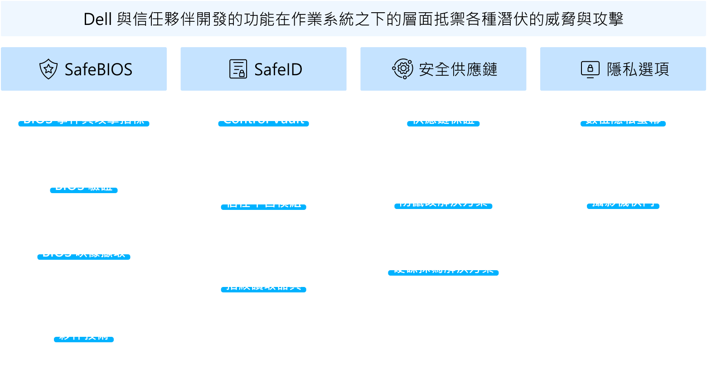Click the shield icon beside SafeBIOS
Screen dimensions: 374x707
[48, 69]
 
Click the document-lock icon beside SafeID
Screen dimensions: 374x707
[238, 69]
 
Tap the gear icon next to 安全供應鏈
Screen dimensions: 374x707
[402, 69]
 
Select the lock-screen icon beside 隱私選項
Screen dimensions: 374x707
[590, 69]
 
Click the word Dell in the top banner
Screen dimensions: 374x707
[97, 19]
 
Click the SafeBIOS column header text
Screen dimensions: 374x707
[98, 69]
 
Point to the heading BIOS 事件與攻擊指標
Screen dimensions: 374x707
[84, 119]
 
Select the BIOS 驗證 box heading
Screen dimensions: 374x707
[84, 185]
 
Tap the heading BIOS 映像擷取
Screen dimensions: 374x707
[84, 252]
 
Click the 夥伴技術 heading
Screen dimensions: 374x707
[84, 335]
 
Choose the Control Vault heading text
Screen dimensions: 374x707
[263, 119]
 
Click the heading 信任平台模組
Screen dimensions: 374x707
[263, 202]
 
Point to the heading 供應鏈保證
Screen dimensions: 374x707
[443, 119]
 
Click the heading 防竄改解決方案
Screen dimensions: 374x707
[443, 201]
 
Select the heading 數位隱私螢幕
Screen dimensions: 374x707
[623, 119]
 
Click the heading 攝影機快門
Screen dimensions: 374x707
[623, 201]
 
